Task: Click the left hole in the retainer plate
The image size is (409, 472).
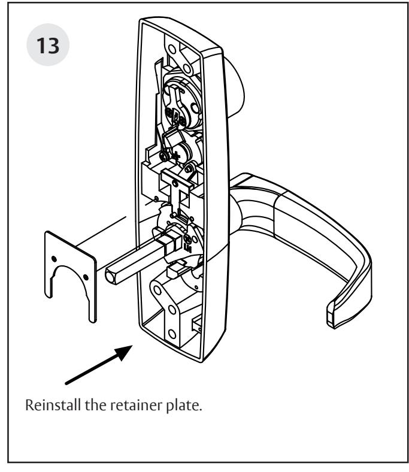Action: tap(54, 258)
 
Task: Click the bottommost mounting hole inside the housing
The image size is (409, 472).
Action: tap(172, 333)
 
